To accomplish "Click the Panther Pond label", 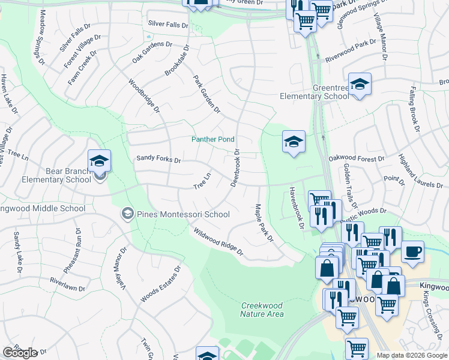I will click(x=212, y=139).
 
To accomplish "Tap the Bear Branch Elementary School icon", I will click(x=99, y=161).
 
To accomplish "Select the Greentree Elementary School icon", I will click(x=360, y=85).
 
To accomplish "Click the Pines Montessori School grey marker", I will click(x=127, y=214).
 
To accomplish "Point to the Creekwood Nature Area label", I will click(x=262, y=310).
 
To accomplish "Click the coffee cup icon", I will click(x=412, y=252).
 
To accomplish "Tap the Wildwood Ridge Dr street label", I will click(x=217, y=241).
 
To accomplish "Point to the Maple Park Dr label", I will click(x=264, y=223).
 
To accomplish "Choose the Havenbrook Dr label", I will click(x=297, y=208).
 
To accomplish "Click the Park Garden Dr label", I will click(x=206, y=94).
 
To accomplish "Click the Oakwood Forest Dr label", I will click(x=356, y=158).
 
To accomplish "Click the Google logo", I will click(x=20, y=353).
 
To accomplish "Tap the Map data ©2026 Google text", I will click(x=412, y=355).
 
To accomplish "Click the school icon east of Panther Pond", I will click(x=294, y=142).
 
